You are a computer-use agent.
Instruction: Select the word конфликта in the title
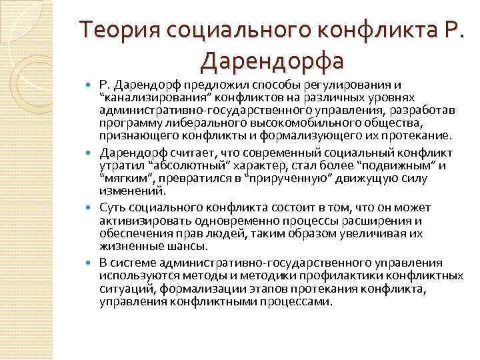click(361, 31)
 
